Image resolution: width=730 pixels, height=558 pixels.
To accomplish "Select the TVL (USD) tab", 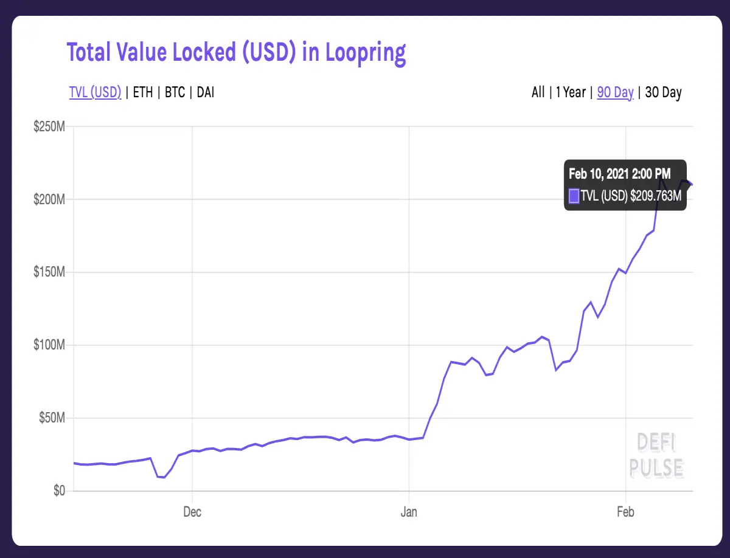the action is (95, 92).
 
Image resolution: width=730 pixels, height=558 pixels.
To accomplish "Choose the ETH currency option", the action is (143, 92).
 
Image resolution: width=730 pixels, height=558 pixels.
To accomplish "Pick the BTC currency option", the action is (175, 92).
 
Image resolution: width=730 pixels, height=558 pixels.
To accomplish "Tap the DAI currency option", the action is (206, 92).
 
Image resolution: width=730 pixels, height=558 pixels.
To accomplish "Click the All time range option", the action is (538, 92).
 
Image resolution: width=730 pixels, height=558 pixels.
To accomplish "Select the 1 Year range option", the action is (571, 92).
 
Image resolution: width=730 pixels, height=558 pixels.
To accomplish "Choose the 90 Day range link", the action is (615, 92).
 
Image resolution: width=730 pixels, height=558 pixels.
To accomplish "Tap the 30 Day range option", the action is (664, 92).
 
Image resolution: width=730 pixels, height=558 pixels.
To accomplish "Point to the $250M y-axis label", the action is (49, 126).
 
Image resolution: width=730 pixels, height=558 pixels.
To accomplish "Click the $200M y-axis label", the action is (49, 199).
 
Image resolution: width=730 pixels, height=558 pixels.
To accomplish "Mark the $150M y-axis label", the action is (49, 272).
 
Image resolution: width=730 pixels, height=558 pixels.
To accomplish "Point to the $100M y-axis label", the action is (49, 345).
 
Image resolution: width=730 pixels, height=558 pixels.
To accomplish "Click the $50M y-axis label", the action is (52, 418).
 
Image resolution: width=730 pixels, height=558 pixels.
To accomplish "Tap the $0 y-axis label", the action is (59, 491).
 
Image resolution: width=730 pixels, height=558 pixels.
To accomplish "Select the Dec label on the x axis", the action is (192, 512).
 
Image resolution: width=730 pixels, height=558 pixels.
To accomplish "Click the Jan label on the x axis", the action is (409, 512).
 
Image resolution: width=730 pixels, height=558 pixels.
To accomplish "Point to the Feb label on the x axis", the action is (625, 512).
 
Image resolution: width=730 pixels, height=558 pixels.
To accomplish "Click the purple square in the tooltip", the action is (574, 196).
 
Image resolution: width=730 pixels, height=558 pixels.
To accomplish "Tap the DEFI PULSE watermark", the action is (656, 455).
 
